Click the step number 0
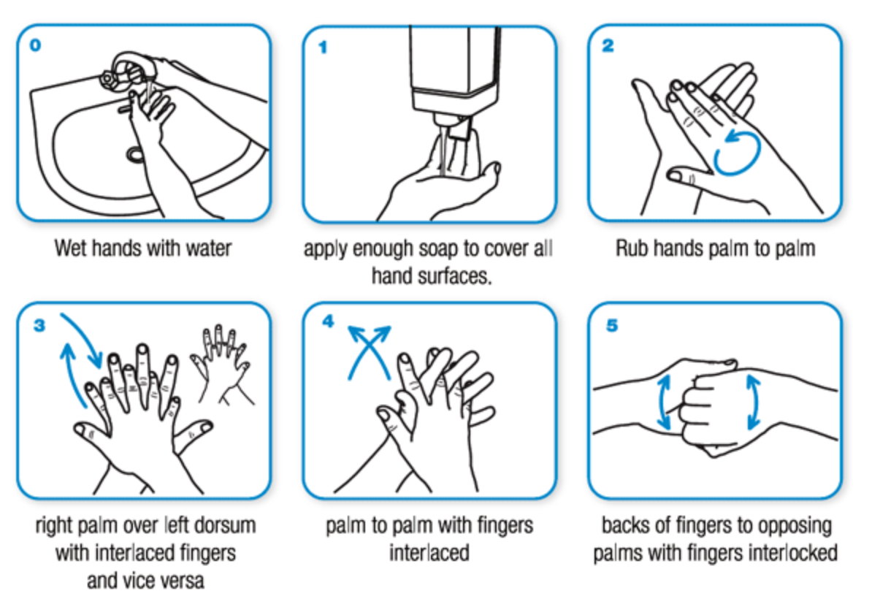click(x=35, y=45)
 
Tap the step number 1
click(x=323, y=47)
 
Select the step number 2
click(x=608, y=45)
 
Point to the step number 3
click(x=39, y=325)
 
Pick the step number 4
click(x=328, y=321)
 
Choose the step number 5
click(x=612, y=325)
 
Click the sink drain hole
click(x=135, y=154)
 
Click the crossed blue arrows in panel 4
click(x=369, y=353)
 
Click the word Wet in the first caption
click(x=70, y=248)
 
